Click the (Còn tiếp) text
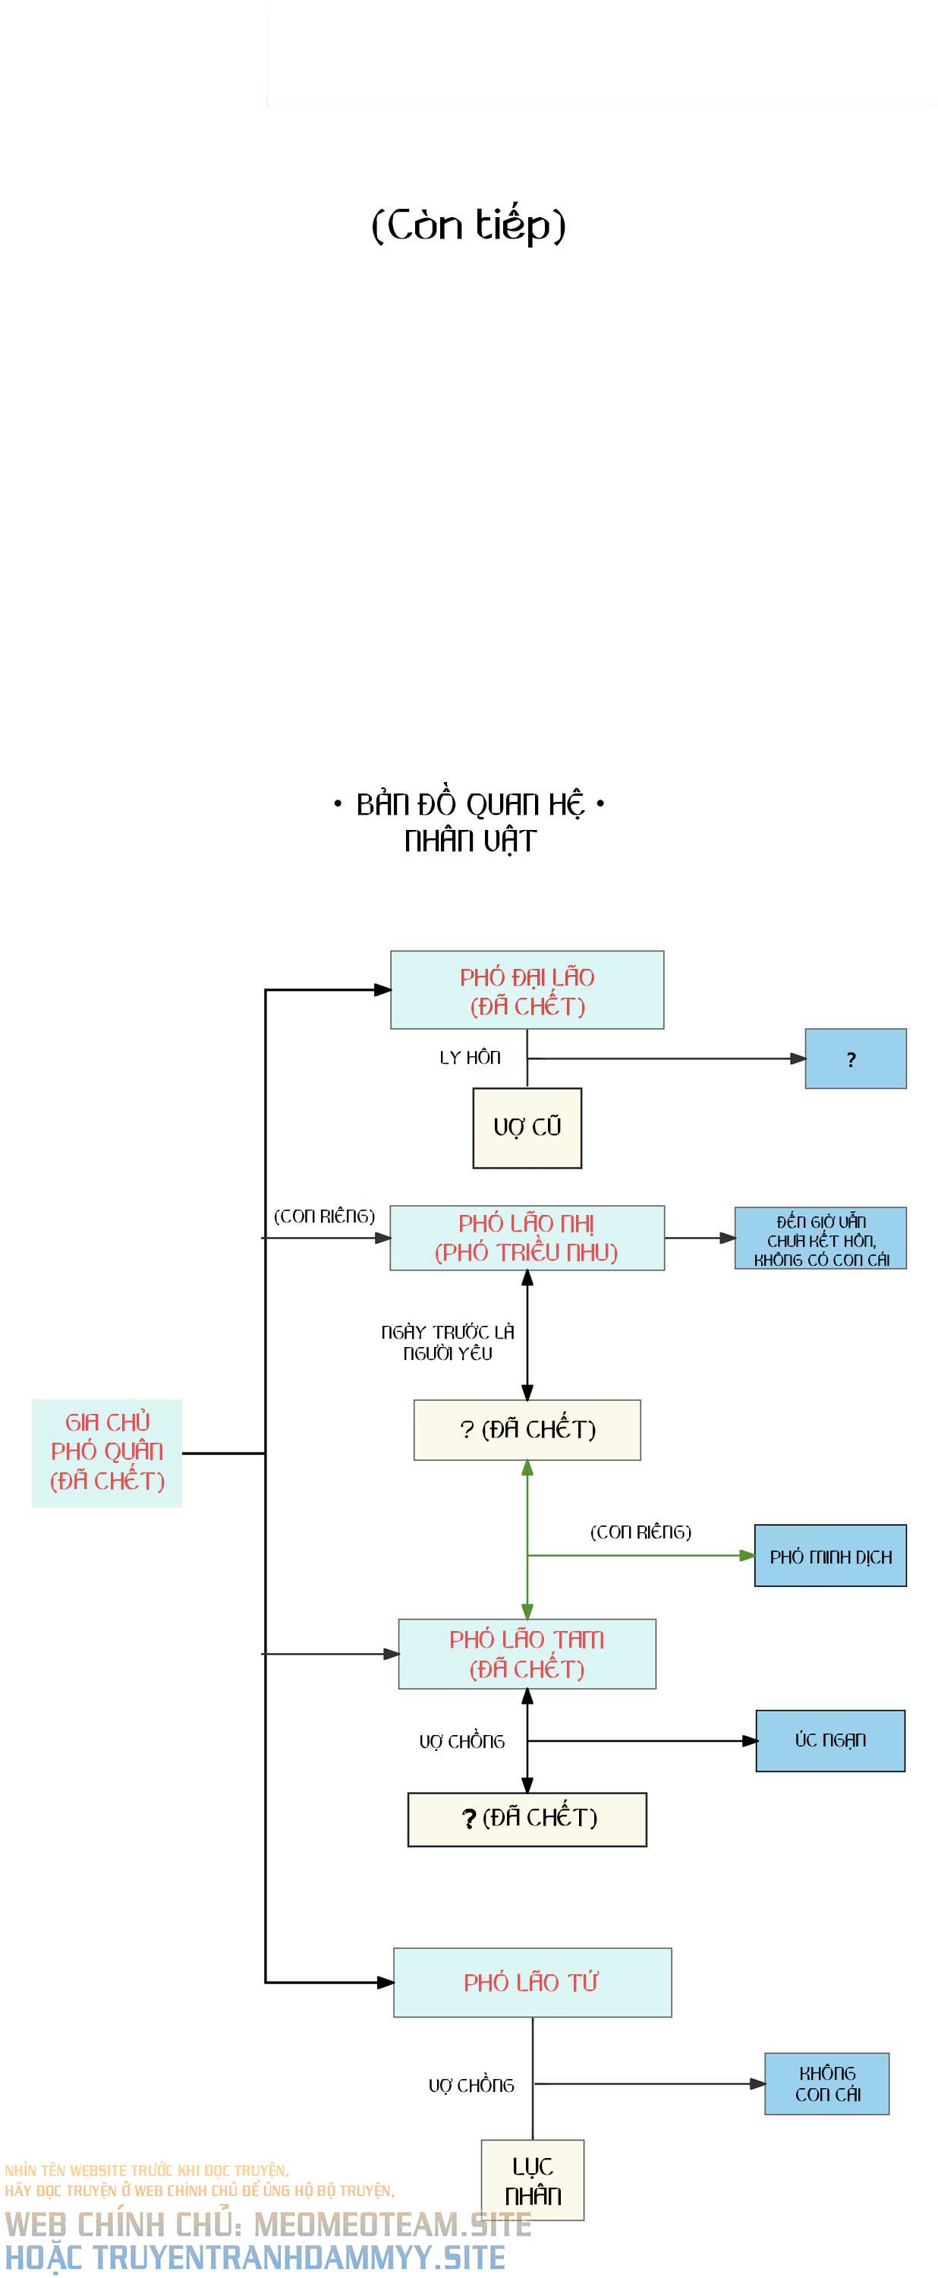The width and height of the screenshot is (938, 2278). [x=468, y=225]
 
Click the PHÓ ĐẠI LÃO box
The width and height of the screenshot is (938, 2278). [x=527, y=990]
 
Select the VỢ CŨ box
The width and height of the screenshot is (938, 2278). [x=527, y=1128]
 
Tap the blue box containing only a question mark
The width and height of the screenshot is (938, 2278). [x=855, y=1059]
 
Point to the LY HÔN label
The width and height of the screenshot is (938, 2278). [x=470, y=1058]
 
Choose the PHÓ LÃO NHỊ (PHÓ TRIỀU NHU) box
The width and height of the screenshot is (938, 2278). [x=527, y=1238]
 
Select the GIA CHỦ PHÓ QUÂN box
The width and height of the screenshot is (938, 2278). [x=107, y=1452]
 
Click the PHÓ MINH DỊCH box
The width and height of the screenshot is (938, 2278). [x=830, y=1557]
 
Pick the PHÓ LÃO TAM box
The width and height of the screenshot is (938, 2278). [x=527, y=1654]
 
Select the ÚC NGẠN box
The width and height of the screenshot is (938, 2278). [x=830, y=1740]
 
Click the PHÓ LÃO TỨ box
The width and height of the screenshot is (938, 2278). [x=532, y=1983]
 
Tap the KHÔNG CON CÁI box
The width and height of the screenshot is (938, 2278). [x=826, y=2084]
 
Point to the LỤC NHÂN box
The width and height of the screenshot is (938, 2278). [x=532, y=2180]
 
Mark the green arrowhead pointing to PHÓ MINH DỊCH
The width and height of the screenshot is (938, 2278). [x=747, y=1556]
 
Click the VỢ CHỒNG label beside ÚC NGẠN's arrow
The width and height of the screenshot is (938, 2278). [x=461, y=1741]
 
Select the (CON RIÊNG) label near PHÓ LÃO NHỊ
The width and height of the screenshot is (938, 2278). [x=325, y=1216]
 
